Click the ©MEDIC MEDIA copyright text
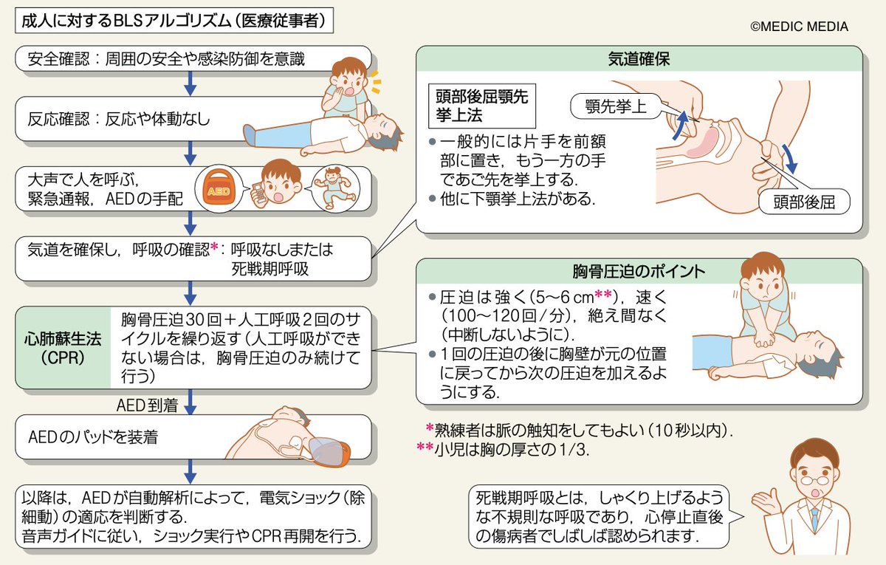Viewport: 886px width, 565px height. [x=799, y=27]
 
